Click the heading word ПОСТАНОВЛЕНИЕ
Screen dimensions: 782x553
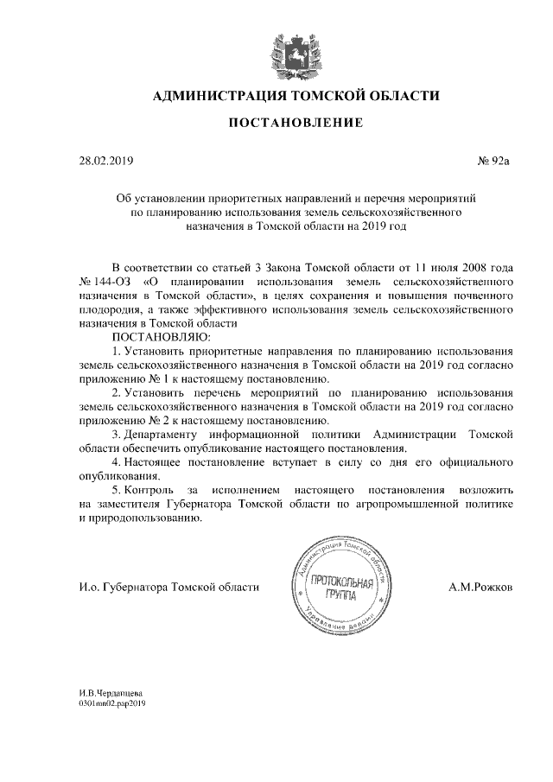pos(295,124)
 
